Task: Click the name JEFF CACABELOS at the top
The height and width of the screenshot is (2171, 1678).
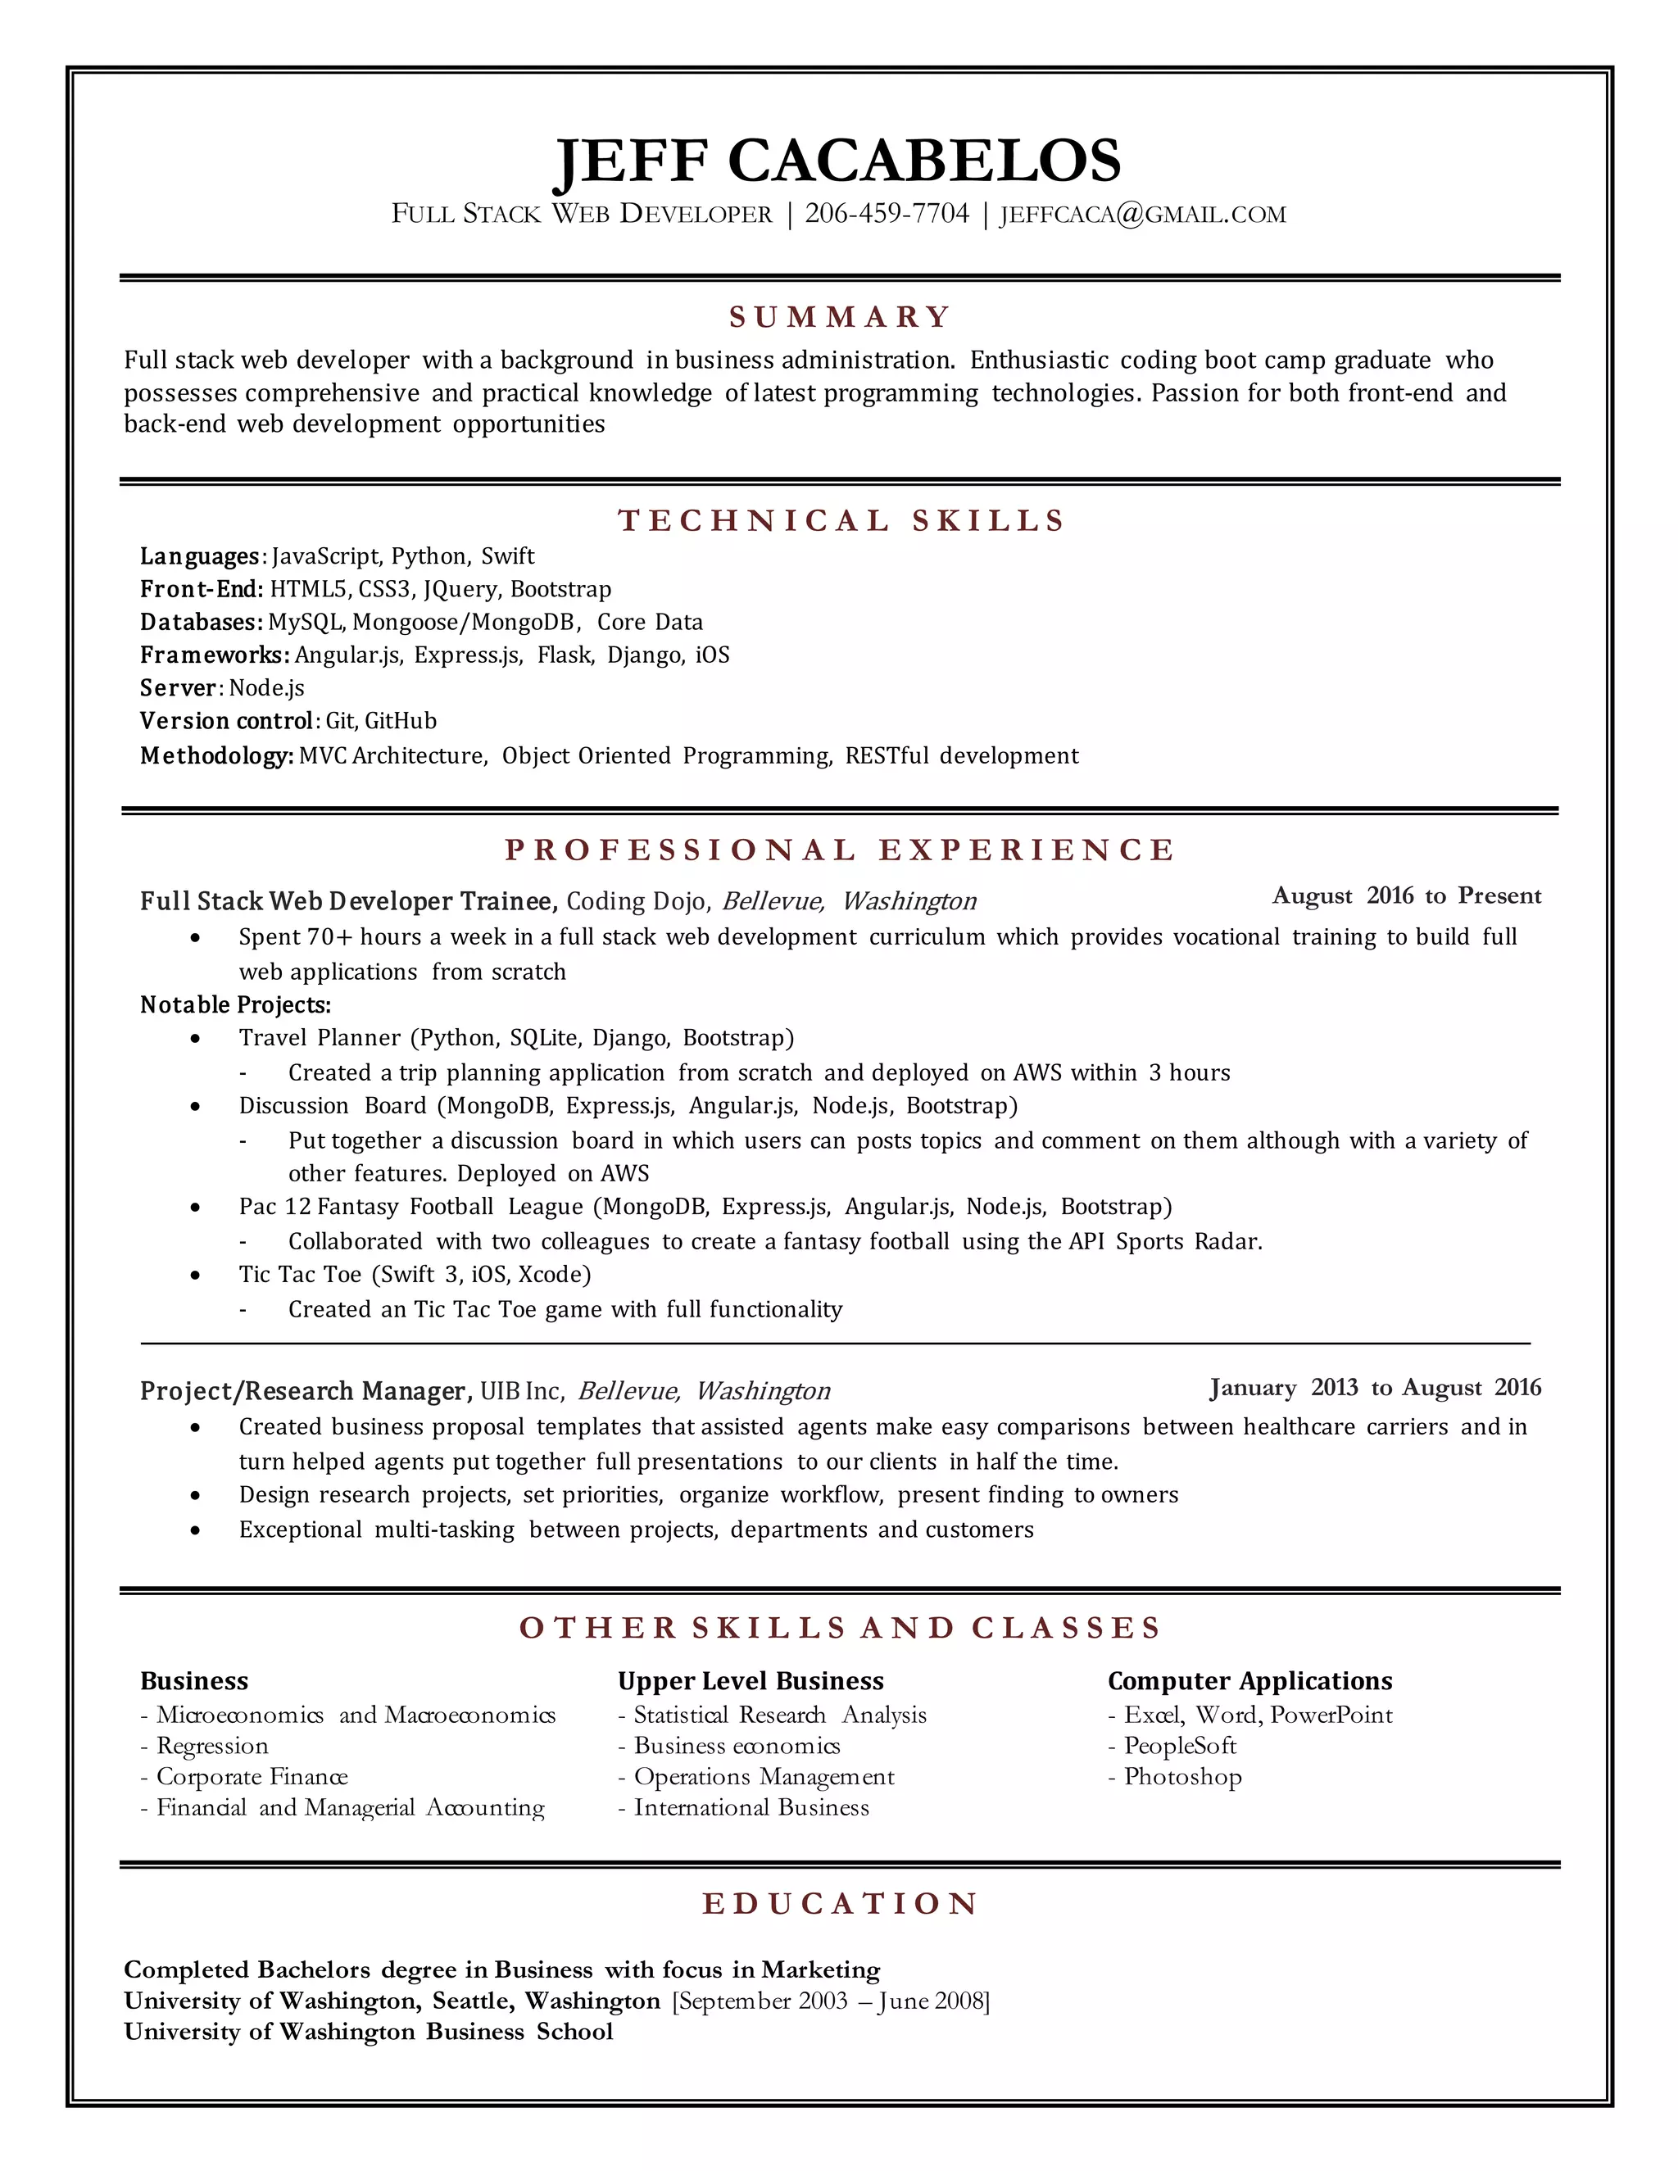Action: click(x=837, y=161)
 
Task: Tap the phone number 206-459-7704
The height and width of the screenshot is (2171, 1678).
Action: click(x=886, y=214)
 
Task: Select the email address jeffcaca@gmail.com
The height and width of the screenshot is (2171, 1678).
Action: click(x=1142, y=215)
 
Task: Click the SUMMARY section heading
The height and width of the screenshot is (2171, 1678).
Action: click(x=840, y=317)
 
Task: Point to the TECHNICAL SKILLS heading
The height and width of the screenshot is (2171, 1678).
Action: click(x=841, y=521)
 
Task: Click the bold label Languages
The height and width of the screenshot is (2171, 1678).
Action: click(x=200, y=556)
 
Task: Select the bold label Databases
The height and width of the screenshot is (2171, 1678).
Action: click(x=201, y=623)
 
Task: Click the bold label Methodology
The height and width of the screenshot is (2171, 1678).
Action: click(x=215, y=755)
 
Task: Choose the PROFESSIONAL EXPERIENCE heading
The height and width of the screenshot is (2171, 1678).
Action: click(x=840, y=850)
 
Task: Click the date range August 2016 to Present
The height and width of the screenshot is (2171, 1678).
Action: click(x=1406, y=895)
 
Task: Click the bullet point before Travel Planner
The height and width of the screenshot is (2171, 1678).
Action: click(x=195, y=1039)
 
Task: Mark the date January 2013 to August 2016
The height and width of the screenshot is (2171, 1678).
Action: click(x=1375, y=1388)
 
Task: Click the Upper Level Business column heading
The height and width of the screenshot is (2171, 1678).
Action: click(x=751, y=1681)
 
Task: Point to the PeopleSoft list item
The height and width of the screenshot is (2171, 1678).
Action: click(x=1179, y=1746)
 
